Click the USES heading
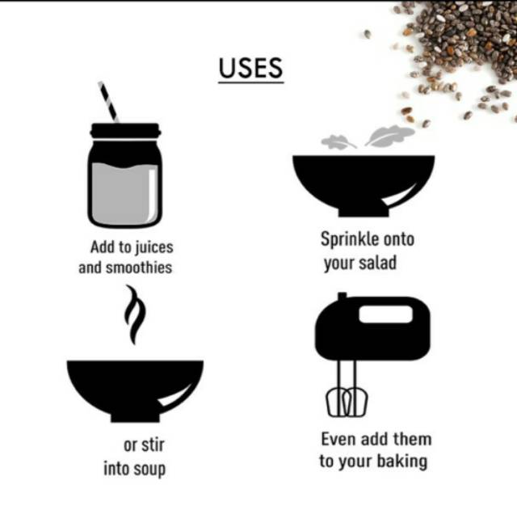(x=250, y=68)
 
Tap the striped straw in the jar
(x=108, y=102)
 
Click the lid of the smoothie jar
(x=125, y=131)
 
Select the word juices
(x=154, y=247)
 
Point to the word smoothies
(x=139, y=268)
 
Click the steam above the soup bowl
(x=135, y=314)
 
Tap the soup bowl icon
(x=135, y=391)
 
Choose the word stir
(x=154, y=445)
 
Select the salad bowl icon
(x=364, y=186)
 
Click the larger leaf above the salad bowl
(x=389, y=136)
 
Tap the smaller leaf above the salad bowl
(x=338, y=141)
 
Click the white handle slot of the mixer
(x=386, y=314)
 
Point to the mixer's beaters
(x=347, y=402)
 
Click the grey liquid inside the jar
(x=124, y=194)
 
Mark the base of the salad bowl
(x=364, y=211)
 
